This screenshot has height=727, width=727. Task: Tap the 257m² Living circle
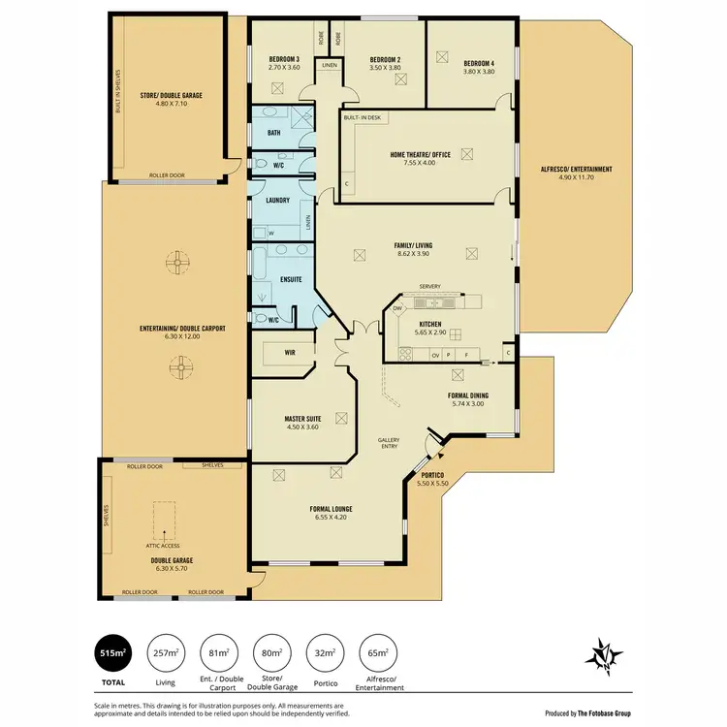[x=167, y=654]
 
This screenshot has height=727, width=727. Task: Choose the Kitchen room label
[x=429, y=324]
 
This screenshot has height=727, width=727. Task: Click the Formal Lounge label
[x=331, y=508]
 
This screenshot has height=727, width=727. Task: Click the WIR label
[x=289, y=353]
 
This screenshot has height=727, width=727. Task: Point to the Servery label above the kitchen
[x=429, y=287]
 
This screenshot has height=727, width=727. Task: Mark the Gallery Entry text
[x=389, y=445]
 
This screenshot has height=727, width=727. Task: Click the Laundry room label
[x=277, y=201]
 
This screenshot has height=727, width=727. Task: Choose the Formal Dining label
[x=467, y=395]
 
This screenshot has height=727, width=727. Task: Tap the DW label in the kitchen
[x=397, y=308]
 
